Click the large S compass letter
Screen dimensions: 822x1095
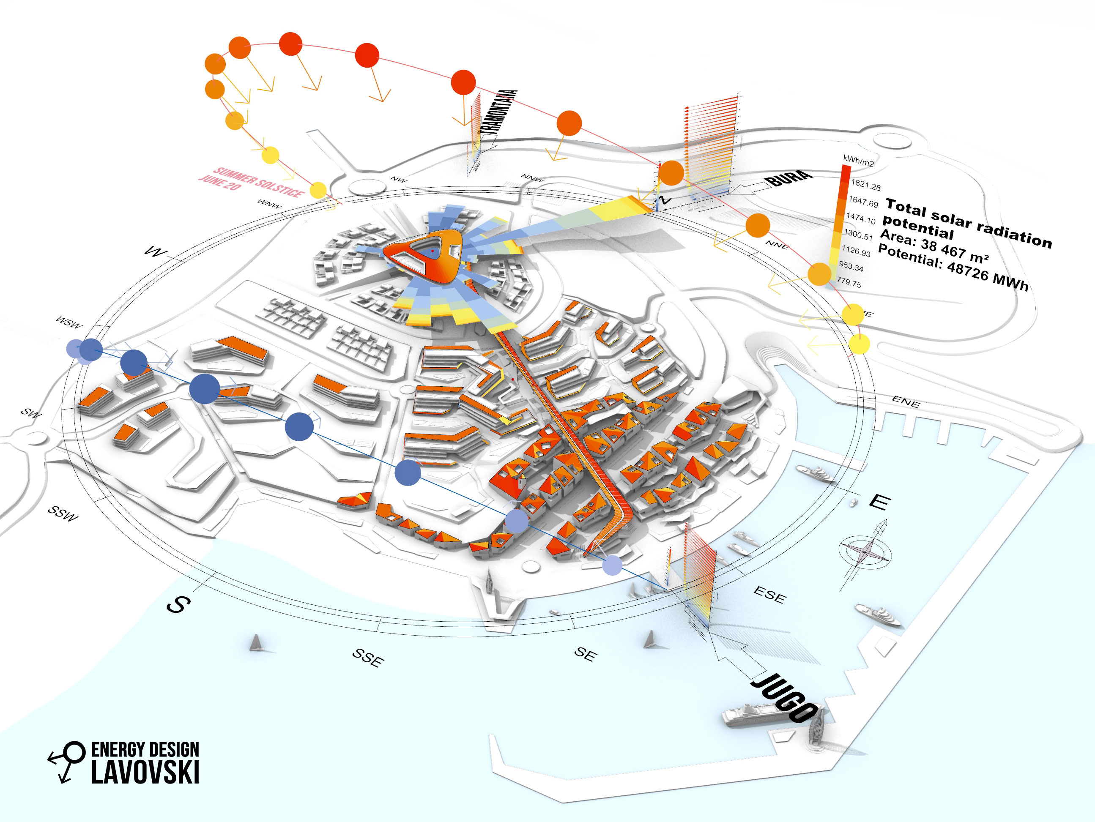coord(178,604)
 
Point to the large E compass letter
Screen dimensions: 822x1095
coord(880,502)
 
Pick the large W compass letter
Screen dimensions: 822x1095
coord(155,252)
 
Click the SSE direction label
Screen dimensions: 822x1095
coord(368,657)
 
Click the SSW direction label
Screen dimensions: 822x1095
coord(63,513)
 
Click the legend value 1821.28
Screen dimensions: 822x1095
coord(866,185)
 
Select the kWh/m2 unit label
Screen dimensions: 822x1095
coord(858,161)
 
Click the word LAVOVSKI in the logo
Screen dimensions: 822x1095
coord(145,772)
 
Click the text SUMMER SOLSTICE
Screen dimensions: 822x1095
coord(259,182)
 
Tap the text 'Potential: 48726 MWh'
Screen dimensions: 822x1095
coord(953,267)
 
